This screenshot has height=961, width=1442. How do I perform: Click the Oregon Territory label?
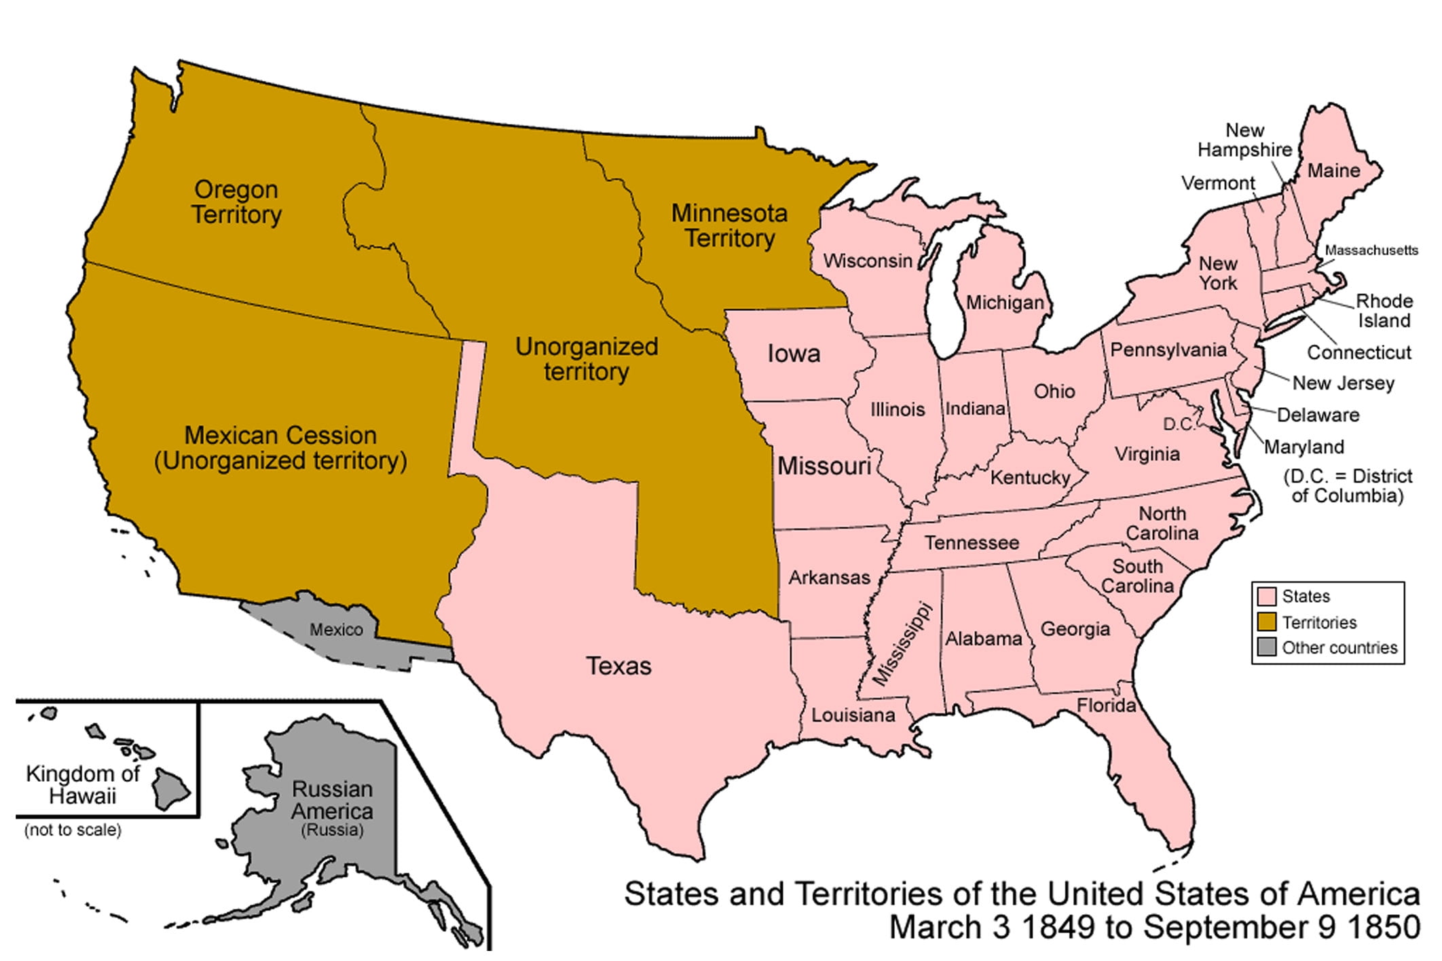(236, 202)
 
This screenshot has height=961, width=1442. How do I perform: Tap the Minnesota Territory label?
(729, 226)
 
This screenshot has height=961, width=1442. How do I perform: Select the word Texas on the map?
(618, 666)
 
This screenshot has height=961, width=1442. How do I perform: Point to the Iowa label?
(793, 354)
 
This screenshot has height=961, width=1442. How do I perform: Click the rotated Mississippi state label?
(902, 643)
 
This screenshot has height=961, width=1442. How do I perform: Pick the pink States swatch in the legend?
(1266, 596)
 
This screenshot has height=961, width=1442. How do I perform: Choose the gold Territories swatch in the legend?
(1266, 622)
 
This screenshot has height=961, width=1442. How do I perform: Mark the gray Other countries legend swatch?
(1266, 647)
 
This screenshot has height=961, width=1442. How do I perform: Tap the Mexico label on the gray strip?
(336, 630)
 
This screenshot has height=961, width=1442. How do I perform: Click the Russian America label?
(332, 801)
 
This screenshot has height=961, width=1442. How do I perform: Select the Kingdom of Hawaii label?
(82, 785)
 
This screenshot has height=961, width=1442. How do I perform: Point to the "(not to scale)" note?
(73, 830)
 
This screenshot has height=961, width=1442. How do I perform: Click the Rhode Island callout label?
(1384, 311)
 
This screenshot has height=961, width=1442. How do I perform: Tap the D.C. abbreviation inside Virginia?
(1179, 425)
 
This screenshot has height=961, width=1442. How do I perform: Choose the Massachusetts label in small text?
(1371, 250)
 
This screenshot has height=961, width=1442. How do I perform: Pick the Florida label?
(1106, 706)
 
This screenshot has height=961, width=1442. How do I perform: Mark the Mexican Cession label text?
(280, 436)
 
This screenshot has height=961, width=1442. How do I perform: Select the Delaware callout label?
(1318, 415)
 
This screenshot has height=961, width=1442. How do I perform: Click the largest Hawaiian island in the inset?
(169, 789)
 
